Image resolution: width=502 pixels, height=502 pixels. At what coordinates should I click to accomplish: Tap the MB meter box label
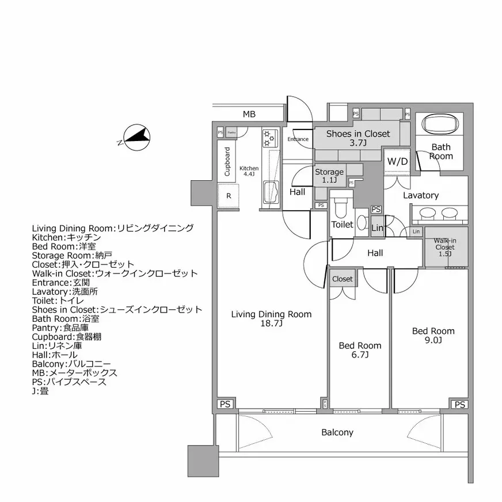point(249,115)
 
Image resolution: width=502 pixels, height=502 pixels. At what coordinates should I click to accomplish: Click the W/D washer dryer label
point(397,161)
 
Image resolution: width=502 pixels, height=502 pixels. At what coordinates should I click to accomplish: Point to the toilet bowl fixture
point(342,207)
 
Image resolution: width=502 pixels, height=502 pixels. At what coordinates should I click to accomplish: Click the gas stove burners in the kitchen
point(269,138)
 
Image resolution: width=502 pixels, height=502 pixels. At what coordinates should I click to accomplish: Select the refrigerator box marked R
point(229,196)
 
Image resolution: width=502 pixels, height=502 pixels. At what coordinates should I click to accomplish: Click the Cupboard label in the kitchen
point(227,162)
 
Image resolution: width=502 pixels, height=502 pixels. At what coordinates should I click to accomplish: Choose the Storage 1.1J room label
point(329,176)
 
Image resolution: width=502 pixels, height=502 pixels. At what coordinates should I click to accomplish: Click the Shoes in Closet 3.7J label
point(358,138)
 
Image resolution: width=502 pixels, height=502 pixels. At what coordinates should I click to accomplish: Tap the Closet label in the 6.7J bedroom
point(343,279)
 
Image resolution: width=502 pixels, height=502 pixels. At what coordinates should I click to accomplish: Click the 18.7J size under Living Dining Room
point(271,324)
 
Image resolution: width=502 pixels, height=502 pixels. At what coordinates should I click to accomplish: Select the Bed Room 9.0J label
point(433,335)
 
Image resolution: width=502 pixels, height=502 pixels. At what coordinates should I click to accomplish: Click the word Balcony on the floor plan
point(337,432)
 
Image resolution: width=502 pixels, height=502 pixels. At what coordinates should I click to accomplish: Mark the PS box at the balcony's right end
point(459,405)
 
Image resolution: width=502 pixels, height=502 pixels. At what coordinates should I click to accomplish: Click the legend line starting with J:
point(40,391)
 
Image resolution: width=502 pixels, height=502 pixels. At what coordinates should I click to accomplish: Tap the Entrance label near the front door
point(298,139)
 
